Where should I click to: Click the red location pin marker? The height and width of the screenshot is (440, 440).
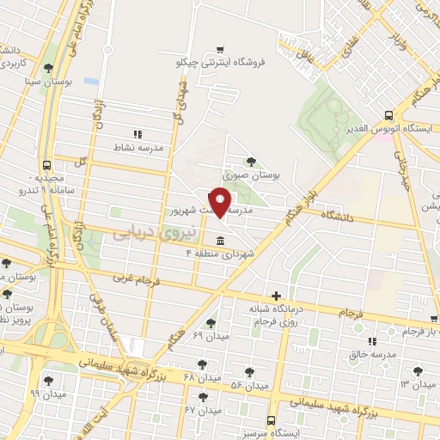221,202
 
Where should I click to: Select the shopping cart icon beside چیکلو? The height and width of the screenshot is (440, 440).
222,49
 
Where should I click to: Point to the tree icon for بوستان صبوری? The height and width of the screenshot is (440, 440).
250,161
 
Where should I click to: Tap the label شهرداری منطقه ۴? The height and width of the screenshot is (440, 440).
214,254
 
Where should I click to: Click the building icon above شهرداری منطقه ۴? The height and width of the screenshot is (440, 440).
220,240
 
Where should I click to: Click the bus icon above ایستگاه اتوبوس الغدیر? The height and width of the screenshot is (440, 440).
388,114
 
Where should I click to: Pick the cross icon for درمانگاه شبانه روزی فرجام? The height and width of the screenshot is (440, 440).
275,295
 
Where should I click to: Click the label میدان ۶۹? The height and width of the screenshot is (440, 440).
211,335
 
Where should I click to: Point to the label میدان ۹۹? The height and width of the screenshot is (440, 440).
47,394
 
